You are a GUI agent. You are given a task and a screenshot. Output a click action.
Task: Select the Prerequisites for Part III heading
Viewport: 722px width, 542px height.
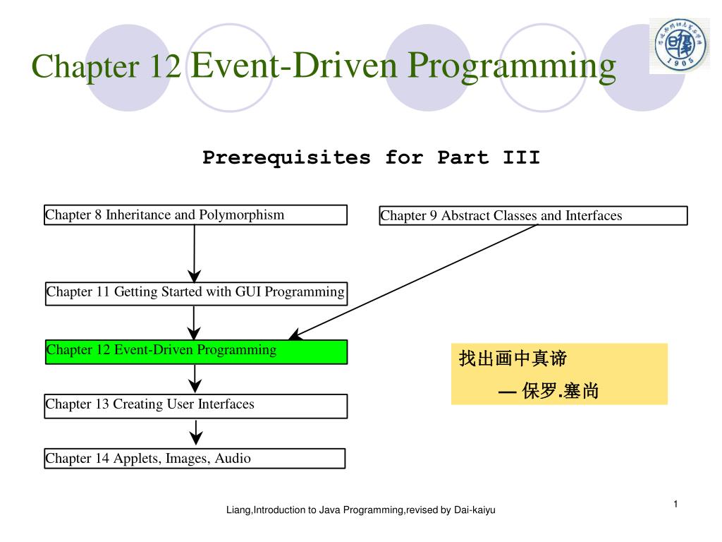click(371, 157)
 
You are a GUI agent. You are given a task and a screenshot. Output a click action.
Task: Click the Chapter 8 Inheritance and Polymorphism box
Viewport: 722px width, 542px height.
click(195, 215)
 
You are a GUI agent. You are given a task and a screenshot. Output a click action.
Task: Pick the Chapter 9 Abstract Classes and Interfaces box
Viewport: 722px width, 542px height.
click(533, 215)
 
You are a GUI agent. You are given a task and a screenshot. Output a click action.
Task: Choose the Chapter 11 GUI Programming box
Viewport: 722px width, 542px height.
click(196, 292)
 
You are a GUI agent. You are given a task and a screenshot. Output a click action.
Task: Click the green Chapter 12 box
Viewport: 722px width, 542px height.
click(196, 351)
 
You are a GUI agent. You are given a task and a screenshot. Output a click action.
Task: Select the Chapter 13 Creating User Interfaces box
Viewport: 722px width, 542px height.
click(195, 405)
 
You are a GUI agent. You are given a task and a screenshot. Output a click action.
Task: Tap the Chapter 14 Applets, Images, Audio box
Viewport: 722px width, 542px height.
click(195, 459)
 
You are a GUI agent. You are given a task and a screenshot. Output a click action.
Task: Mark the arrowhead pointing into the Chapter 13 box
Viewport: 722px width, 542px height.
click(195, 386)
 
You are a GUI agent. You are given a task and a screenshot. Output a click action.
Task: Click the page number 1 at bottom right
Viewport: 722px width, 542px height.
click(675, 503)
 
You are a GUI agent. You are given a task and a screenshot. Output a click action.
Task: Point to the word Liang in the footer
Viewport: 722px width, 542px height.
click(238, 510)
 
